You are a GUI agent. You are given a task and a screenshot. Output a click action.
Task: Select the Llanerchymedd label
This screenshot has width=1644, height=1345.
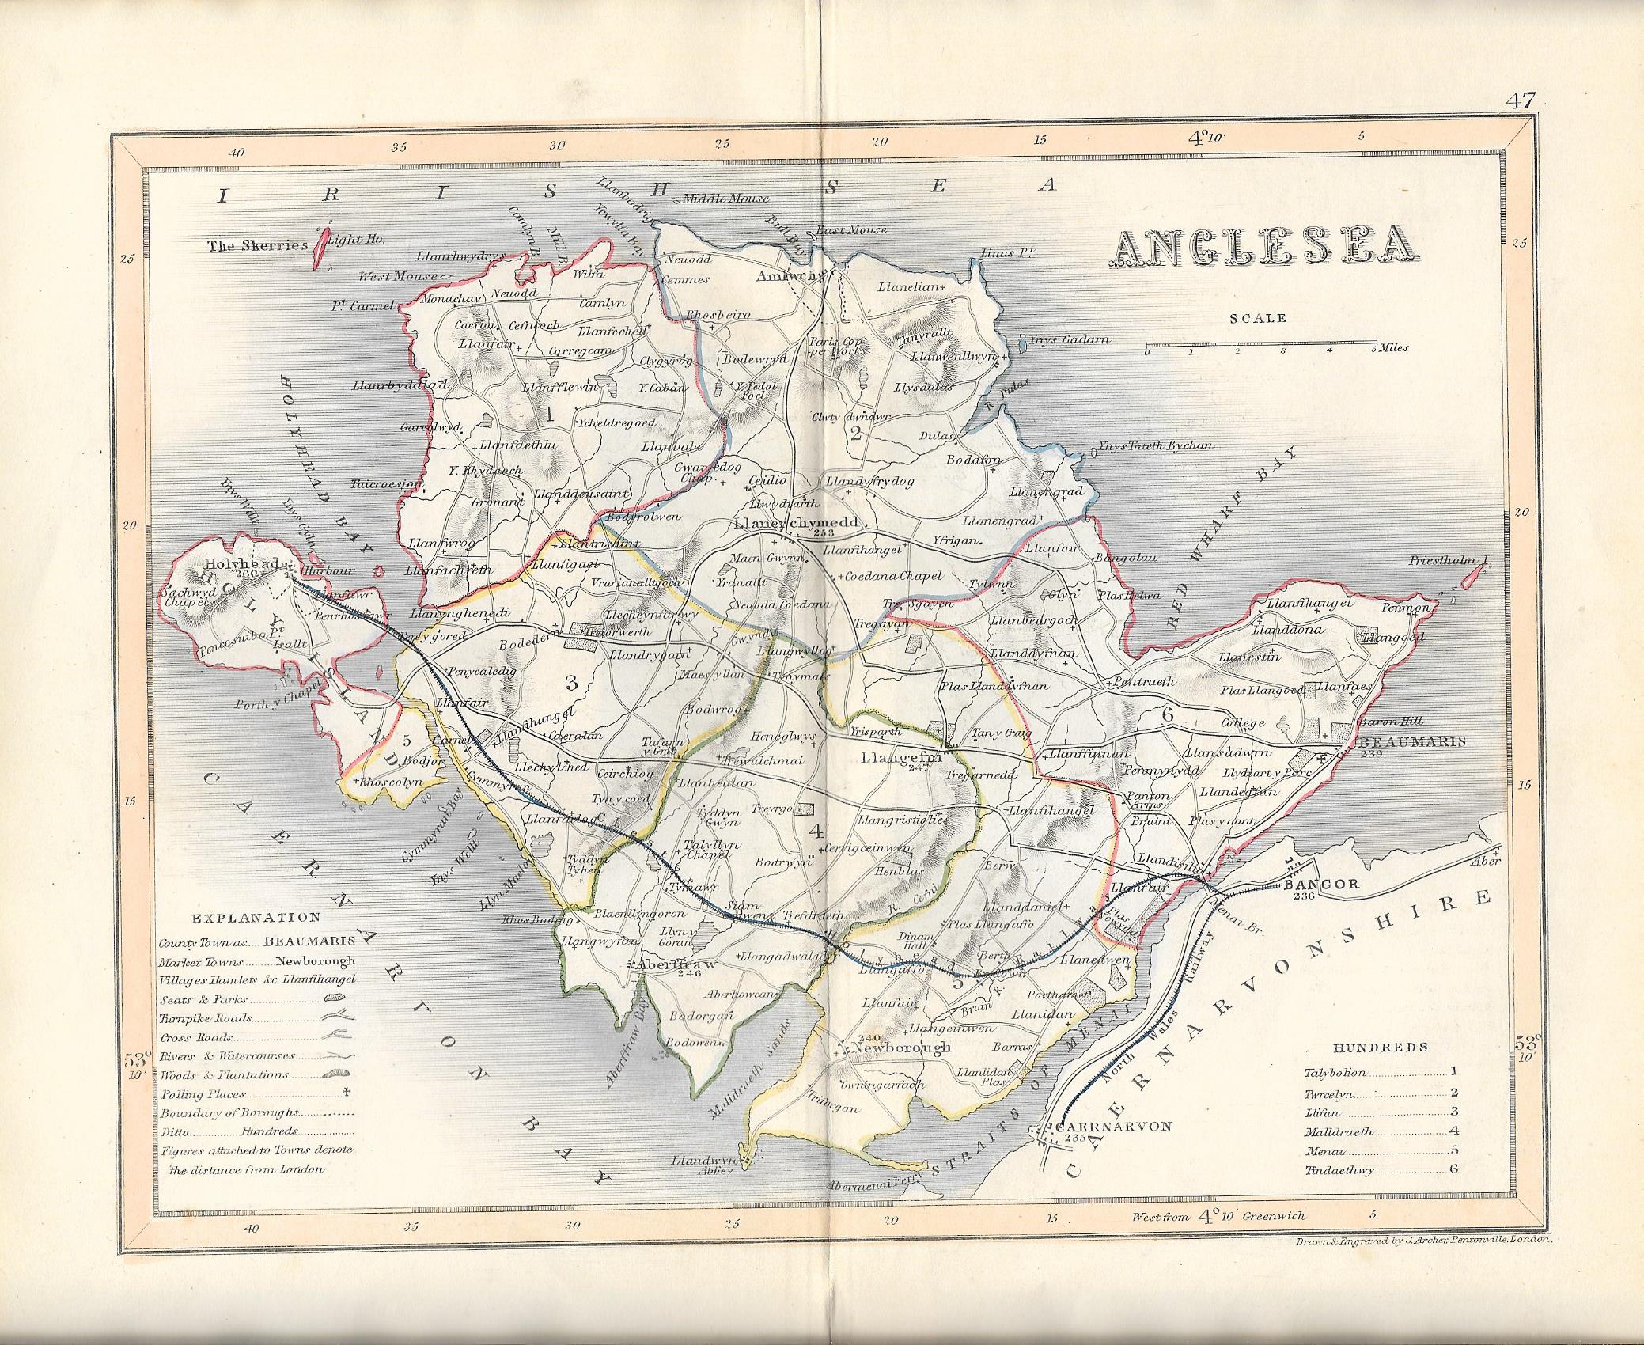point(800,524)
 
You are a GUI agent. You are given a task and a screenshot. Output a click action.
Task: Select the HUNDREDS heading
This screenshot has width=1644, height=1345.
point(1380,1047)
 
